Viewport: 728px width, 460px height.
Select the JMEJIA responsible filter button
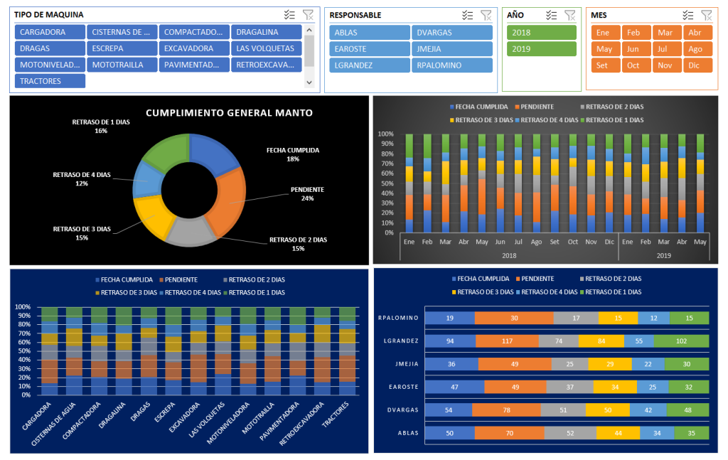pyautogui.click(x=451, y=48)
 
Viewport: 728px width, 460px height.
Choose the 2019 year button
pyautogui.click(x=541, y=48)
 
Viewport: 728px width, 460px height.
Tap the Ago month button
pyautogui.click(x=695, y=49)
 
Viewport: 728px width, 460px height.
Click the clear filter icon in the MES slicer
pyautogui.click(x=706, y=15)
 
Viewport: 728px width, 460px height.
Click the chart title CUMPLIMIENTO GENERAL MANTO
pyautogui.click(x=229, y=112)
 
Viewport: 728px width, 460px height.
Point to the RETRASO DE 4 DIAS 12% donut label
pyautogui.click(x=81, y=178)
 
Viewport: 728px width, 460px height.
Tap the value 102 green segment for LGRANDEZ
pyautogui.click(x=681, y=341)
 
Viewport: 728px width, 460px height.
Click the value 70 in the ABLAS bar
pyautogui.click(x=508, y=433)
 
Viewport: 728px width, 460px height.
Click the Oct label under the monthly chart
pyautogui.click(x=573, y=242)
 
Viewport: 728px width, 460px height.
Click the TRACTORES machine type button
pyautogui.click(x=50, y=81)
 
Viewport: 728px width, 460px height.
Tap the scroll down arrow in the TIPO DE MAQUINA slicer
pyautogui.click(x=309, y=82)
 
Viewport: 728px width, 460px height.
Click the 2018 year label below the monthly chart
pyautogui.click(x=508, y=255)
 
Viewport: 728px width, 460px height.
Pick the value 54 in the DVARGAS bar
pyautogui.click(x=448, y=410)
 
